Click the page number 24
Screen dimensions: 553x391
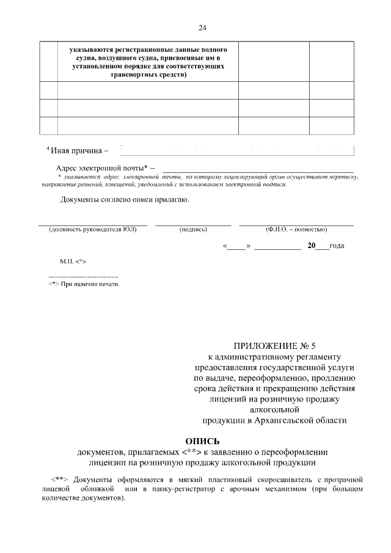click(x=202, y=27)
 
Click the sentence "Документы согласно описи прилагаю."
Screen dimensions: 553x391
click(x=125, y=200)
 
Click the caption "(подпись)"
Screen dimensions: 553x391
click(x=193, y=230)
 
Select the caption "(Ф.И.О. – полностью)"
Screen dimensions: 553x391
click(x=296, y=230)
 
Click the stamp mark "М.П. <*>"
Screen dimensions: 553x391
click(x=73, y=261)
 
